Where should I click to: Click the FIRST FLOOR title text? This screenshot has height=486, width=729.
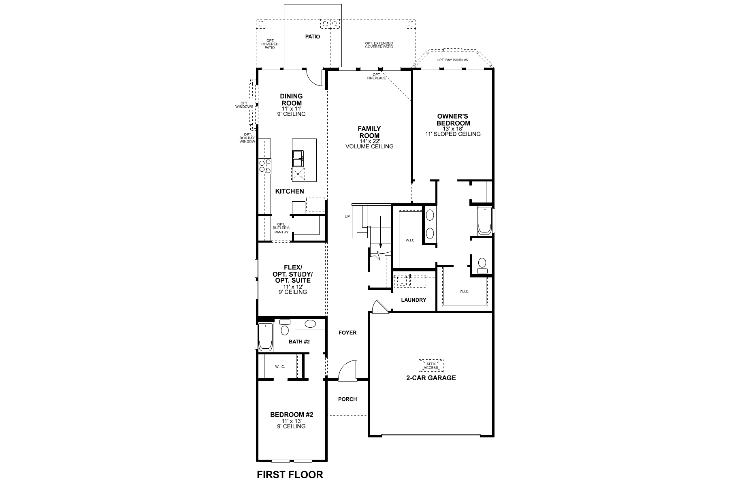(x=290, y=475)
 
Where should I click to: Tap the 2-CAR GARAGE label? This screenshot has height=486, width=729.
(x=431, y=378)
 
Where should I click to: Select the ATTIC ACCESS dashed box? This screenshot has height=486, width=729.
(x=431, y=366)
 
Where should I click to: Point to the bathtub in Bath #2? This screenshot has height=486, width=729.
(x=266, y=337)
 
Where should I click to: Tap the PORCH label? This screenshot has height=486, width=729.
(x=347, y=399)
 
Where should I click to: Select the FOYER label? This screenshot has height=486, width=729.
(x=347, y=333)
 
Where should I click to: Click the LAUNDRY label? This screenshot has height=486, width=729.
(x=414, y=300)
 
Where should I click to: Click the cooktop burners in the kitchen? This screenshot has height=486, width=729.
(x=265, y=166)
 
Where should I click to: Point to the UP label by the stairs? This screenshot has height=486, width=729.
(x=347, y=217)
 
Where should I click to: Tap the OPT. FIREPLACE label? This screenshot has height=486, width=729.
(x=377, y=76)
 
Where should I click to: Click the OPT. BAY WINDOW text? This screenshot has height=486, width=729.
(x=452, y=60)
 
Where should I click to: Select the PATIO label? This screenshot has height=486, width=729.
(x=312, y=36)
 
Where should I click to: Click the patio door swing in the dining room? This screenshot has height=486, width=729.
(x=313, y=76)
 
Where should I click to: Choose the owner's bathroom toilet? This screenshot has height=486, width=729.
(x=482, y=266)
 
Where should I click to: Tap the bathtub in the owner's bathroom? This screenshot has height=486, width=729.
(x=484, y=221)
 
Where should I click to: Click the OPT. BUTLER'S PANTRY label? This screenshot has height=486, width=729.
(x=281, y=228)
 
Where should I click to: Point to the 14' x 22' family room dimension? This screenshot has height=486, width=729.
(x=369, y=141)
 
